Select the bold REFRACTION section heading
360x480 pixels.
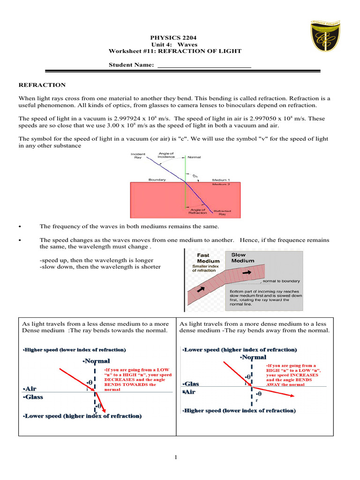tap(42, 85)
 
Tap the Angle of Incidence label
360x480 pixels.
tap(166, 155)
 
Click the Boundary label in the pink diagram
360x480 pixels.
tap(157, 180)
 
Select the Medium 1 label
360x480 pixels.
tap(221, 180)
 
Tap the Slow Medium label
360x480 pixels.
tap(243, 257)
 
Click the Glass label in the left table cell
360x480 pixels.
tap(33, 397)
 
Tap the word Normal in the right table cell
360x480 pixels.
tap(254, 357)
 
